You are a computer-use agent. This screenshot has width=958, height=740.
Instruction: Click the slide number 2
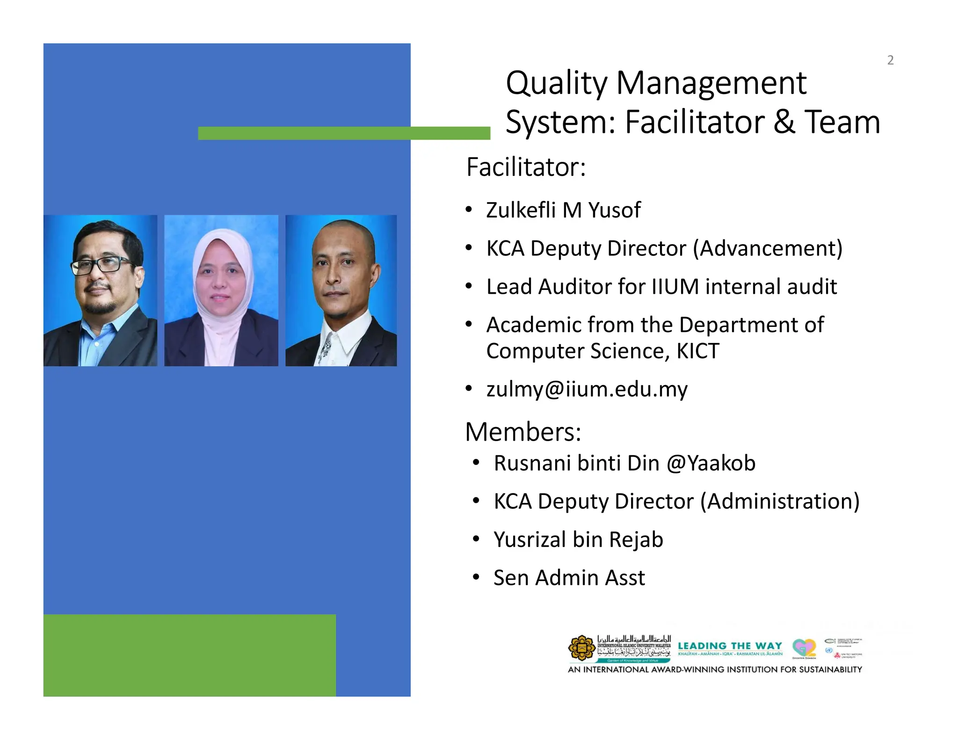(x=890, y=60)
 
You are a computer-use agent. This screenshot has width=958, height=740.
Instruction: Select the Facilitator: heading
(x=526, y=167)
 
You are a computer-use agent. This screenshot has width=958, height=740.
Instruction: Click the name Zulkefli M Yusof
(x=563, y=210)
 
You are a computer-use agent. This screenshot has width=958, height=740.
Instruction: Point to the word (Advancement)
(x=767, y=248)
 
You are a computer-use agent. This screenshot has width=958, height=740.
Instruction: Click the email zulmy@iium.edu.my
(x=587, y=389)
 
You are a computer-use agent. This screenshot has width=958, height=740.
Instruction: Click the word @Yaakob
(x=711, y=463)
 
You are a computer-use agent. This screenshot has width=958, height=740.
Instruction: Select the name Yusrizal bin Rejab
(x=578, y=539)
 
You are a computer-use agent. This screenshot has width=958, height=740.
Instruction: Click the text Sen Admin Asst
(x=569, y=578)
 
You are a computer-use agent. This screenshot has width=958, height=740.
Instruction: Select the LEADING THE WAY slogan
(x=730, y=646)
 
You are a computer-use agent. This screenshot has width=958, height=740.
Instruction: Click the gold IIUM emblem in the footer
(x=581, y=648)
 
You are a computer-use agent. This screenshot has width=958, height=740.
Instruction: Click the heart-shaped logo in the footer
(x=804, y=647)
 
